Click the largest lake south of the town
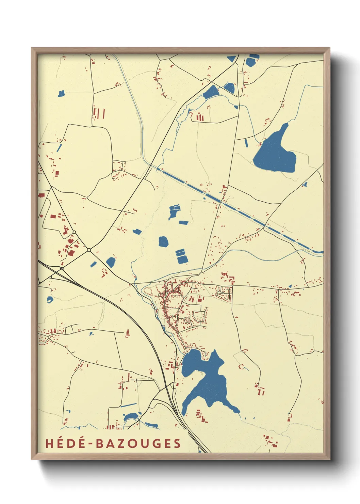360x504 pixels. tap(208, 381)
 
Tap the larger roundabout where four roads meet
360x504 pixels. tap(89, 250)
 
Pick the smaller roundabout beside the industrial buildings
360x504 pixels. tap(74, 232)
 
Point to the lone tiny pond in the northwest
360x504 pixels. tap(61, 93)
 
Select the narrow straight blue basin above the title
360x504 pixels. tap(128, 405)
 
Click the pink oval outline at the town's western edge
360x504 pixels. tap(149, 291)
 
